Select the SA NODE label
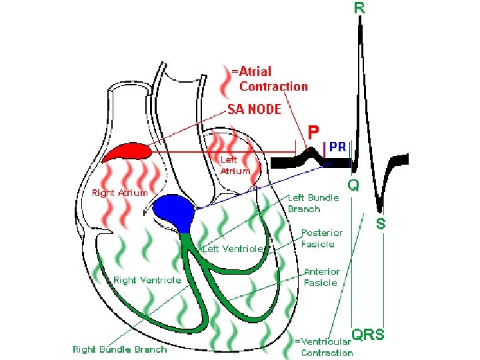[x=255, y=109]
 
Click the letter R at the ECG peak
[x=359, y=9]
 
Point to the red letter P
[x=313, y=131]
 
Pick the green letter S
[x=381, y=224]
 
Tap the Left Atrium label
[x=235, y=165]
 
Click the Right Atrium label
[x=119, y=193]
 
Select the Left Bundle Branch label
[x=313, y=203]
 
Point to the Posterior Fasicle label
[x=323, y=238]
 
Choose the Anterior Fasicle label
[x=322, y=277]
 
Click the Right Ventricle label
[x=147, y=280]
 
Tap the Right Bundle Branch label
[x=120, y=349]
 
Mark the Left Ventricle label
[x=234, y=249]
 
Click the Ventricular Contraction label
[x=324, y=347]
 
